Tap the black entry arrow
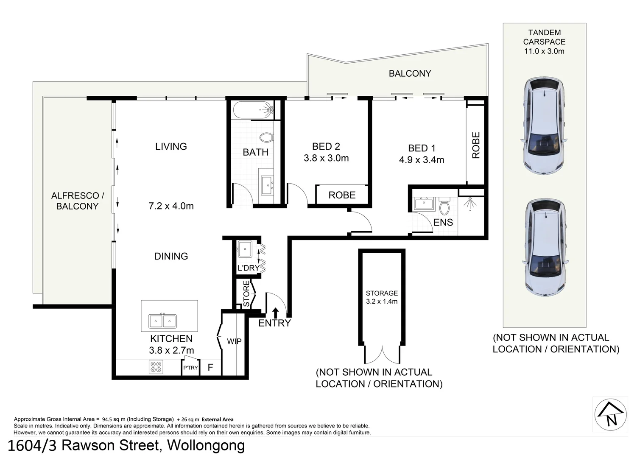coord(275,313)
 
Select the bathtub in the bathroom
coord(253,110)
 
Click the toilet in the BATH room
coord(266,137)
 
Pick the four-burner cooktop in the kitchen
coord(156,367)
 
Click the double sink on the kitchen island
coord(162,321)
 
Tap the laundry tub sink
coord(245,249)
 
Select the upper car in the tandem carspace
coord(544,126)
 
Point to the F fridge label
coord(210,367)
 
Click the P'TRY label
coord(190,368)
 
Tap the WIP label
coord(234,341)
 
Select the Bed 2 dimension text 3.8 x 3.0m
coord(326,158)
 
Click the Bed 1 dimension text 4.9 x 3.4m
coord(422,160)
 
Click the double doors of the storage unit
coord(382,355)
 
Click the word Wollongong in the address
coord(206,446)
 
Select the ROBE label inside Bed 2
coord(342,195)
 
